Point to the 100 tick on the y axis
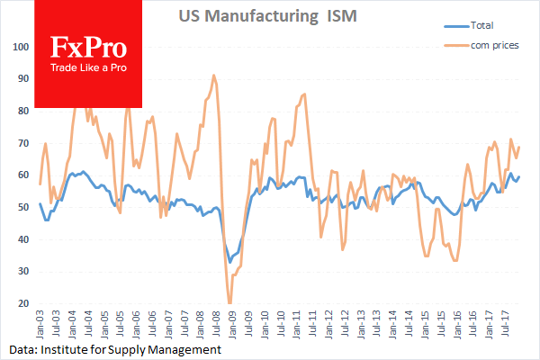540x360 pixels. (x=21, y=45)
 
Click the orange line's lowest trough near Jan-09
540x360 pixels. (x=229, y=302)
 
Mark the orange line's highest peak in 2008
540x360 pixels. (x=213, y=76)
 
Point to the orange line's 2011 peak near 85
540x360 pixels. (x=304, y=94)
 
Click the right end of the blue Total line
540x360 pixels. (x=519, y=176)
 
